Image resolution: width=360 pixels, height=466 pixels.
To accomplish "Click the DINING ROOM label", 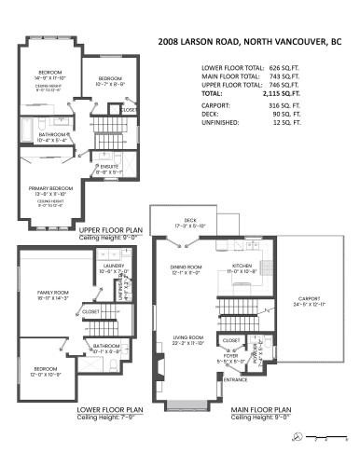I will pyautogui.click(x=185, y=268).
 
